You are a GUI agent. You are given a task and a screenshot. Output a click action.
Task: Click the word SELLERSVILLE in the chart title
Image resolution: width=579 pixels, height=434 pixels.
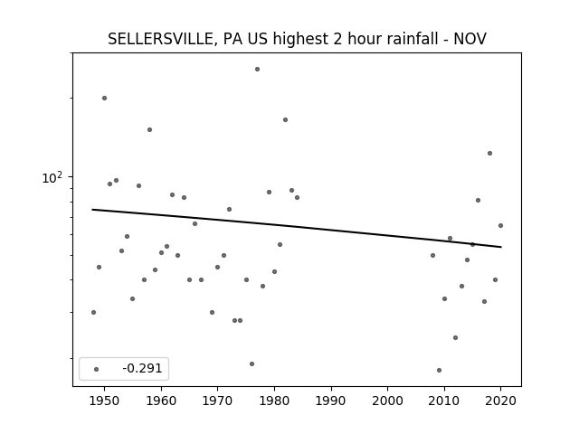click(x=160, y=39)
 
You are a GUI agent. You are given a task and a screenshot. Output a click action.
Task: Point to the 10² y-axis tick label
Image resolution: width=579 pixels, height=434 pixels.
click(x=52, y=177)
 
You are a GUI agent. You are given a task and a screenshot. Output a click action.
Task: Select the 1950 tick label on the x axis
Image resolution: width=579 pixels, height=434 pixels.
click(x=105, y=401)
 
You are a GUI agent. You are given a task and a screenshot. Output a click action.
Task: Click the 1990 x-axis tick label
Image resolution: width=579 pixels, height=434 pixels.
click(x=331, y=401)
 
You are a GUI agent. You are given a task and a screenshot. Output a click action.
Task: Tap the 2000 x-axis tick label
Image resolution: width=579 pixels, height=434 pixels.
click(x=388, y=401)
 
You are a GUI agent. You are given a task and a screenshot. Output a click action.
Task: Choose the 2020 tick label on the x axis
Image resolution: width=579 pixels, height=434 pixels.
click(x=500, y=401)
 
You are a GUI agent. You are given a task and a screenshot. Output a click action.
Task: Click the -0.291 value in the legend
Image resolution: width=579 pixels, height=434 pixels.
click(x=142, y=368)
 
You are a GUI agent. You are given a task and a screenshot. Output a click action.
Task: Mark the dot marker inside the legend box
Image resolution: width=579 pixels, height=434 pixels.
click(x=97, y=369)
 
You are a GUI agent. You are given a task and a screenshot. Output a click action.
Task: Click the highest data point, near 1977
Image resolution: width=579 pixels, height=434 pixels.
click(x=257, y=69)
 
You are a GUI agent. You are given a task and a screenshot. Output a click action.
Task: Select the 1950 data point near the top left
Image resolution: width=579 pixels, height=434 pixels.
click(x=105, y=99)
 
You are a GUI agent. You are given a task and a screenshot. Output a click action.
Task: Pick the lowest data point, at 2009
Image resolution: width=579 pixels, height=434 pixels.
click(x=439, y=370)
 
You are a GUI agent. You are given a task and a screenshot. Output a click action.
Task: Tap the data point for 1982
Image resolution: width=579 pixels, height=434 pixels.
click(x=286, y=119)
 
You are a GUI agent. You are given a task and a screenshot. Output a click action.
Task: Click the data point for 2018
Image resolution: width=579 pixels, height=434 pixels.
click(x=489, y=153)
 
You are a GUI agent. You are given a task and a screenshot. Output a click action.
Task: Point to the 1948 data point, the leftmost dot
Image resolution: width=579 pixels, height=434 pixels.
click(x=93, y=312)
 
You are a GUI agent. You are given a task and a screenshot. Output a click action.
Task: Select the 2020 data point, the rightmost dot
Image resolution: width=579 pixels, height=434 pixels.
click(x=500, y=225)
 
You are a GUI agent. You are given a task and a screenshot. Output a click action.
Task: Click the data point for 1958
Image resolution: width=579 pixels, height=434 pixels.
click(x=149, y=129)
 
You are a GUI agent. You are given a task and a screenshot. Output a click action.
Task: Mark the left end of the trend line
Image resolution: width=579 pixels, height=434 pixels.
click(x=92, y=210)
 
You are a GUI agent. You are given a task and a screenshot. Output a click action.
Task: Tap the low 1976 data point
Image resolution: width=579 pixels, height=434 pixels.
click(x=252, y=363)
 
